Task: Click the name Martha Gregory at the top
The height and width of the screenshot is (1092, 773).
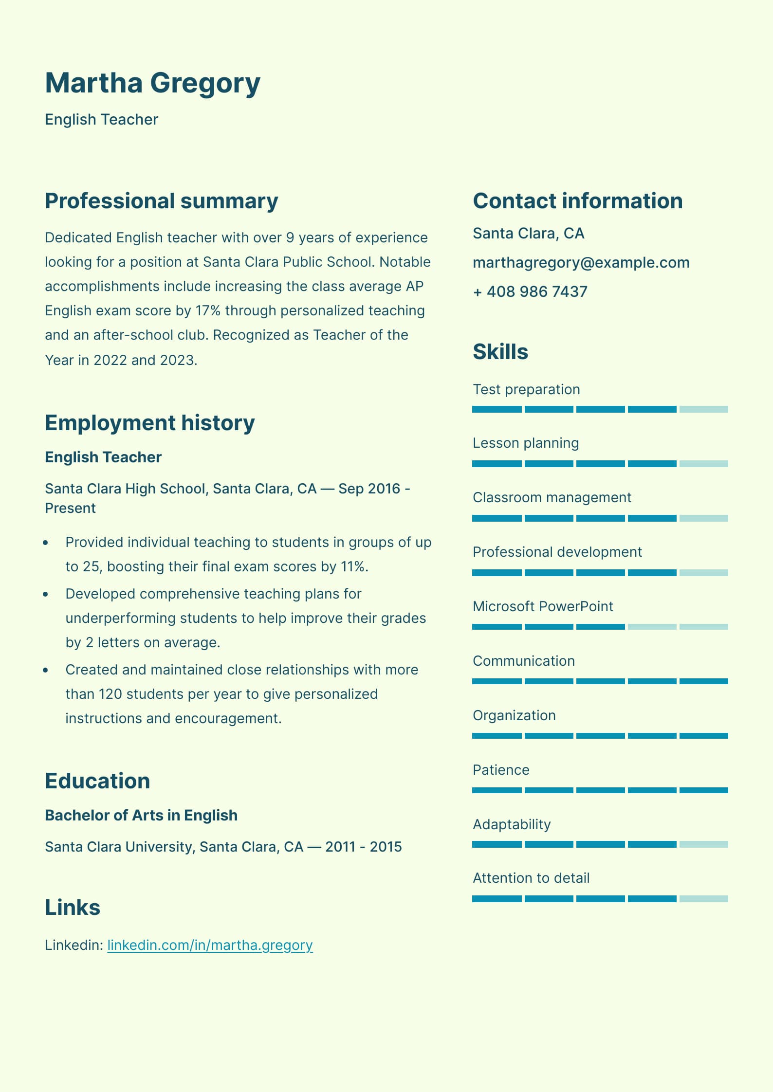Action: (152, 83)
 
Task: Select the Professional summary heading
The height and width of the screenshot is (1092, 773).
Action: (161, 201)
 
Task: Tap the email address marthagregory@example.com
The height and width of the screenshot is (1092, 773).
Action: (581, 263)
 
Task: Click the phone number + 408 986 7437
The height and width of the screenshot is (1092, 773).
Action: (530, 292)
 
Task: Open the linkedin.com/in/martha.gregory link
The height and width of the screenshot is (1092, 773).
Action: (210, 945)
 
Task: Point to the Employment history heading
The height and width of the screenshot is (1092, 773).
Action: (149, 422)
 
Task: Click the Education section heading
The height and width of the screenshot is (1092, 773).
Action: (97, 781)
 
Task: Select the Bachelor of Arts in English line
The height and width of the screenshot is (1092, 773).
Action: (141, 815)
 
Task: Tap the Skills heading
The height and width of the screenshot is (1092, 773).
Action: (500, 351)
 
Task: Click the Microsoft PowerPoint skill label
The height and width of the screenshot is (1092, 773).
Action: (542, 606)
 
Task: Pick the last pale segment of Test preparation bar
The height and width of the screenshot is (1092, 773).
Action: (703, 409)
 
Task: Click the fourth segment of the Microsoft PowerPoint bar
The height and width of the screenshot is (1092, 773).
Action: (652, 627)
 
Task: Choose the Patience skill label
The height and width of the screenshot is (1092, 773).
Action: (500, 770)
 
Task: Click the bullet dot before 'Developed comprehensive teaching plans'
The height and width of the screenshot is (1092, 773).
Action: (46, 594)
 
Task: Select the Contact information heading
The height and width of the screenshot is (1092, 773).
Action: (577, 201)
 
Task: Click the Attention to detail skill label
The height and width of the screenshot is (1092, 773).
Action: (531, 878)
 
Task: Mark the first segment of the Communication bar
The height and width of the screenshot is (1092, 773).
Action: (497, 681)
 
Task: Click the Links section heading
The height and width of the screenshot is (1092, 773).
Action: (73, 908)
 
